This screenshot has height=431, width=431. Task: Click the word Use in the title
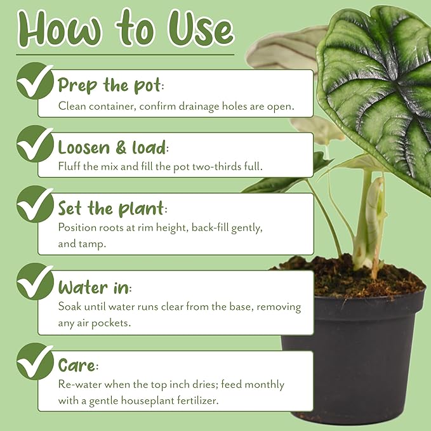click(201, 28)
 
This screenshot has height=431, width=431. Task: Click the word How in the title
click(60, 28)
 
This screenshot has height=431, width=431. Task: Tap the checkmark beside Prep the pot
click(35, 81)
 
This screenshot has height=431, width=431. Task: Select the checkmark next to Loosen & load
click(35, 143)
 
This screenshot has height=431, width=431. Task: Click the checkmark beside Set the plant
click(35, 204)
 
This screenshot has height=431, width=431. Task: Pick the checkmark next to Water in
click(35, 281)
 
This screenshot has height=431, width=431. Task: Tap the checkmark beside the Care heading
click(35, 361)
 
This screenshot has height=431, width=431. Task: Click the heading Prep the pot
click(109, 85)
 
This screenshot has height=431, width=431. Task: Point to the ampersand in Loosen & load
click(121, 148)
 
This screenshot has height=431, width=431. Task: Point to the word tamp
click(93, 244)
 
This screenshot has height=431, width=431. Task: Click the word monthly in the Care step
click(265, 385)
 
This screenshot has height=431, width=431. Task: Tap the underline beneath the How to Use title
click(125, 55)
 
